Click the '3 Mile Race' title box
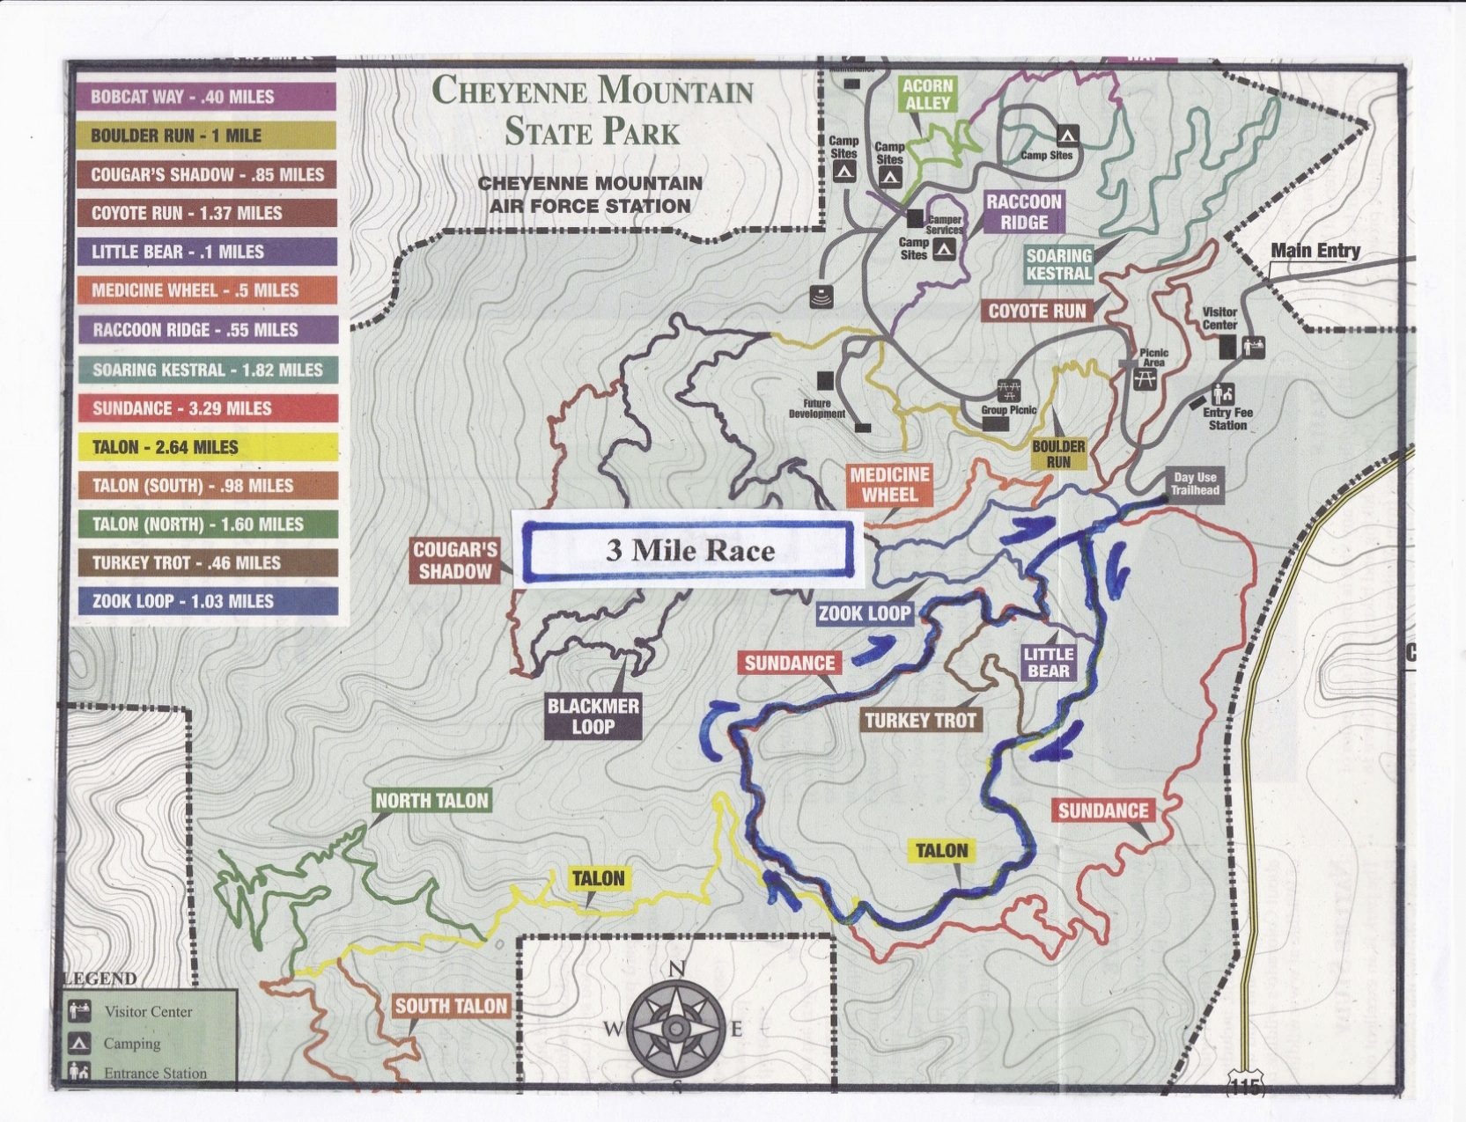[x=688, y=551]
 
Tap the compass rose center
[x=676, y=1027]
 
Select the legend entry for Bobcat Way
[x=207, y=97]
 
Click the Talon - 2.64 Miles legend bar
[x=207, y=447]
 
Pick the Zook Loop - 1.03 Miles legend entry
[x=207, y=602]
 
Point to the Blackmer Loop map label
[x=593, y=716]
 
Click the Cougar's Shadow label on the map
[x=454, y=561]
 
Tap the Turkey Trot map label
[x=920, y=721]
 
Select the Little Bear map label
[x=1048, y=663]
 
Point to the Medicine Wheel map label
[x=889, y=485]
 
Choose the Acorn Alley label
[x=927, y=94]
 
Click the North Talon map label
[x=431, y=801]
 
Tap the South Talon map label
[x=451, y=1006]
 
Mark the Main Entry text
[x=1315, y=251]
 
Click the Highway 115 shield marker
[x=1245, y=1087]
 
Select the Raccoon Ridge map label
[x=1023, y=212]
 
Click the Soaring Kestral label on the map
[x=1058, y=264]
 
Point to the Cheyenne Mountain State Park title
[x=592, y=111]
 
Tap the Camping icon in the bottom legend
[x=80, y=1044]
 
